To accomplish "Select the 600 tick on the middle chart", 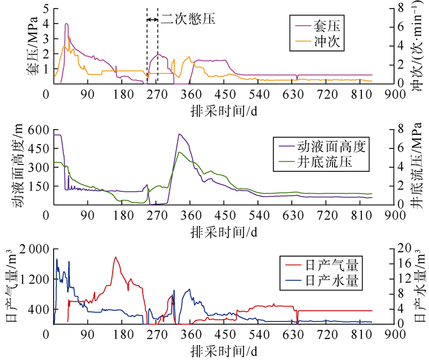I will [38, 130].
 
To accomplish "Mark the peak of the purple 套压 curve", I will [66, 24].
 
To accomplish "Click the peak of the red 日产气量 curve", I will [115, 257].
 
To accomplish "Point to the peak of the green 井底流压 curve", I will [180, 152].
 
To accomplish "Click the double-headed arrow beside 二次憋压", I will [152, 19].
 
